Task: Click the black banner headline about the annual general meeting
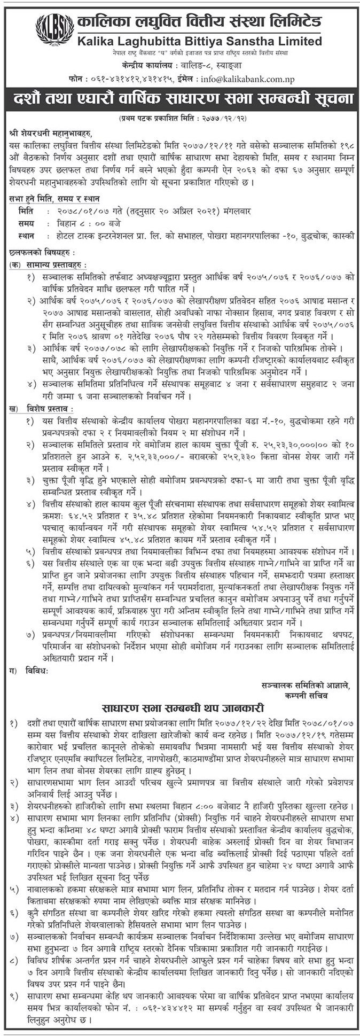pos(180,99)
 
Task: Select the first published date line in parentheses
pos(180,116)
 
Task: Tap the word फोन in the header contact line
pos(78,80)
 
